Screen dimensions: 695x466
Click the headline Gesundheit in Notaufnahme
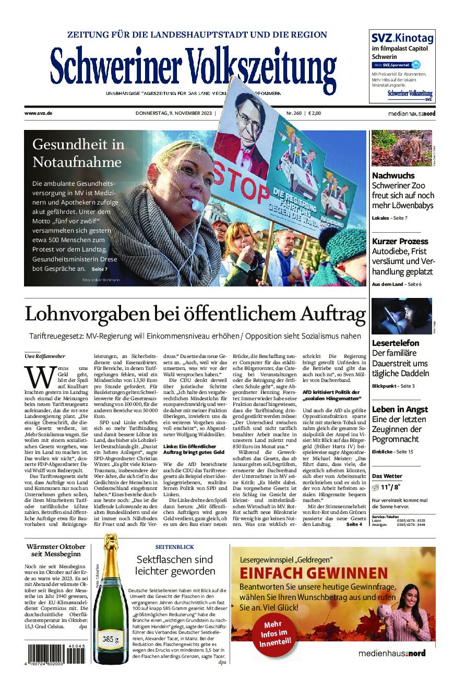(78, 153)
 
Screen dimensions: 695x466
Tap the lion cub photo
(401, 148)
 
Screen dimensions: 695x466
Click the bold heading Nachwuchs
(393, 176)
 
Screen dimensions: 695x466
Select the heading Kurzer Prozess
(400, 241)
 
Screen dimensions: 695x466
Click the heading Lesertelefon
(396, 343)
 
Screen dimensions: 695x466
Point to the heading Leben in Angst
(400, 409)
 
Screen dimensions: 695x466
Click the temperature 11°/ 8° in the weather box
(390, 487)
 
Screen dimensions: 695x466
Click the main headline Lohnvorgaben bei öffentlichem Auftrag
(195, 315)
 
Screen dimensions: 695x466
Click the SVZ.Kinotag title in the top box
(395, 38)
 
